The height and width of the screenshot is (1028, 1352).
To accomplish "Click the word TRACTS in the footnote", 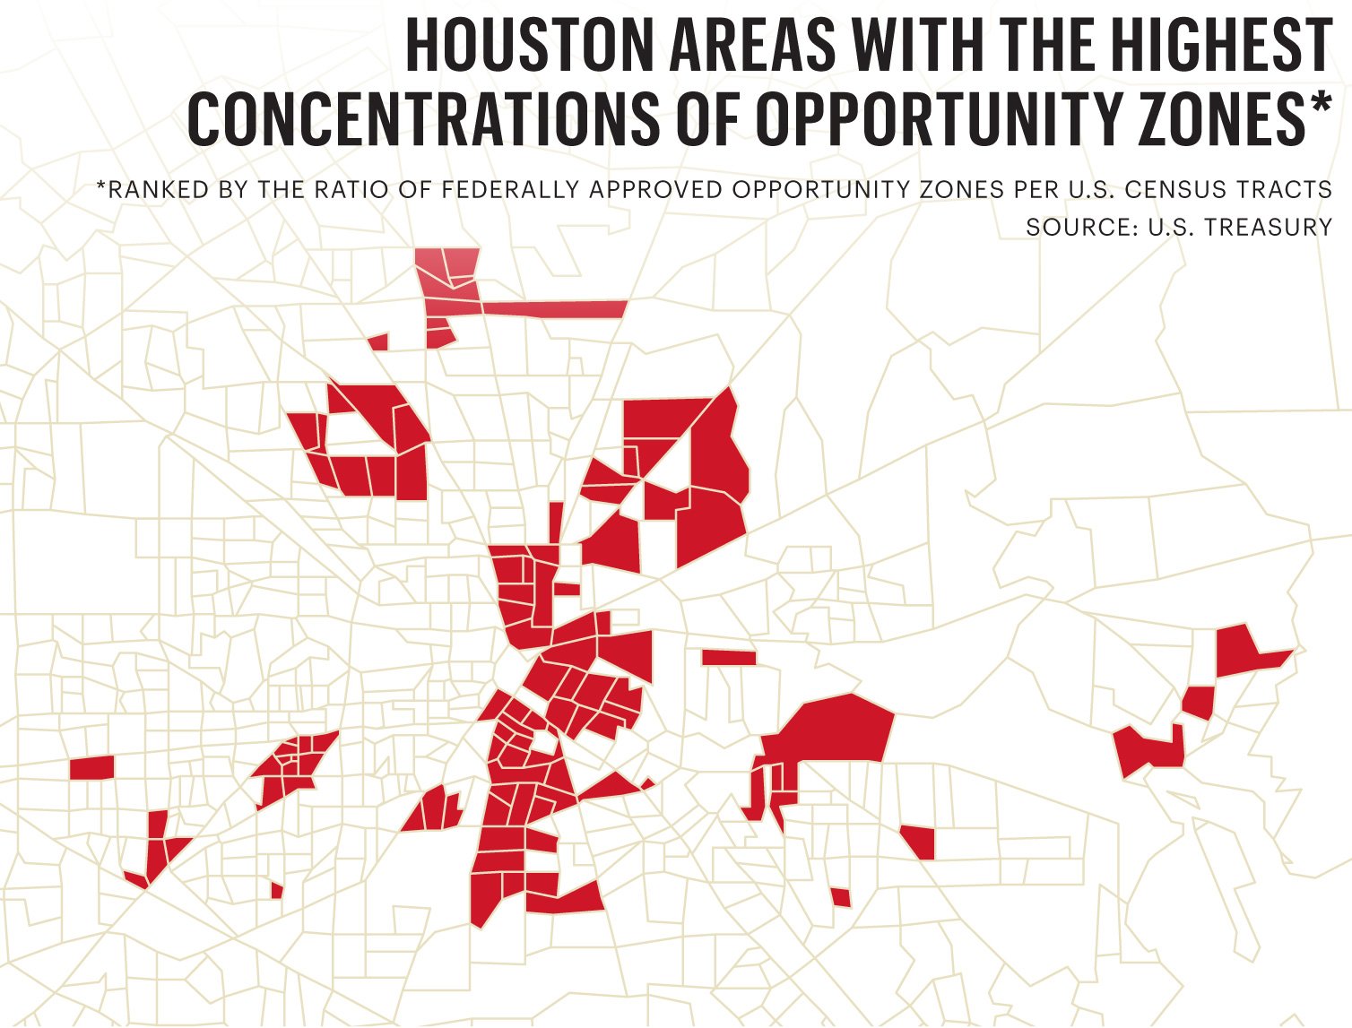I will coord(1286,190).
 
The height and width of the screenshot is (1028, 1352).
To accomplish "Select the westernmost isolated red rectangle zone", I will coord(91,767).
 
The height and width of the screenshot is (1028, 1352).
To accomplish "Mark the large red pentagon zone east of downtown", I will coord(834,727).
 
